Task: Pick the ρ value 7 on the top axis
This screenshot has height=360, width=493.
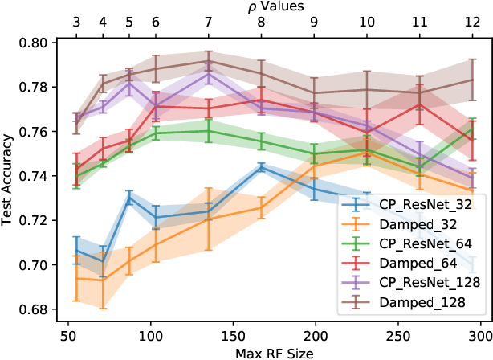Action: (x=208, y=23)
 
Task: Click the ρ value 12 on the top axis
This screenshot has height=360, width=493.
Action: (x=473, y=23)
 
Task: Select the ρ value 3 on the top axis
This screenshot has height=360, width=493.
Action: (x=76, y=23)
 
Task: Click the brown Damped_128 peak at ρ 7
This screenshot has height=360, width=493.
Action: (x=208, y=61)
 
